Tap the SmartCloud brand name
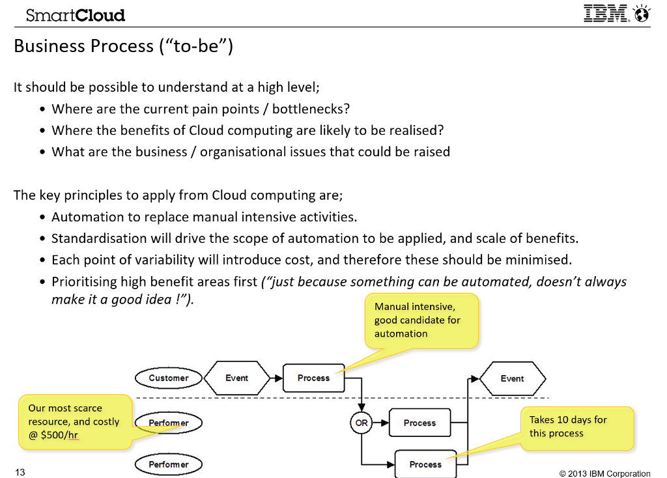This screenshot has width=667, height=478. pos(76,15)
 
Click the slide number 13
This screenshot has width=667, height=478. pos(20,472)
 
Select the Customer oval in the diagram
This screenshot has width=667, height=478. pos(169,378)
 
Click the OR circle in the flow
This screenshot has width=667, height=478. pos(361,423)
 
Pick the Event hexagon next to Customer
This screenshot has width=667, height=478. pos(236,378)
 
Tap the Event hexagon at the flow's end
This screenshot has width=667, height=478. pos(512,378)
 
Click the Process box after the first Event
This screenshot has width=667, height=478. pos(313,378)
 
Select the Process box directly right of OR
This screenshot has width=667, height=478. pos(419,423)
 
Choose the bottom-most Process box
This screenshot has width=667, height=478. pos(425,464)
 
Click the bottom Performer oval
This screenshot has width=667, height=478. pos(169,464)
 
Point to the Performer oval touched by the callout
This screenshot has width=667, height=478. pos(169,423)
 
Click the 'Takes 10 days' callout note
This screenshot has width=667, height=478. pos(576,428)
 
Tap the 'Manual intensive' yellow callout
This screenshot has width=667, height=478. pos(421,320)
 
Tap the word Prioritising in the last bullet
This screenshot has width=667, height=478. pos(89,281)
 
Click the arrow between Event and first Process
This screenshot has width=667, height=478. pos(276,378)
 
